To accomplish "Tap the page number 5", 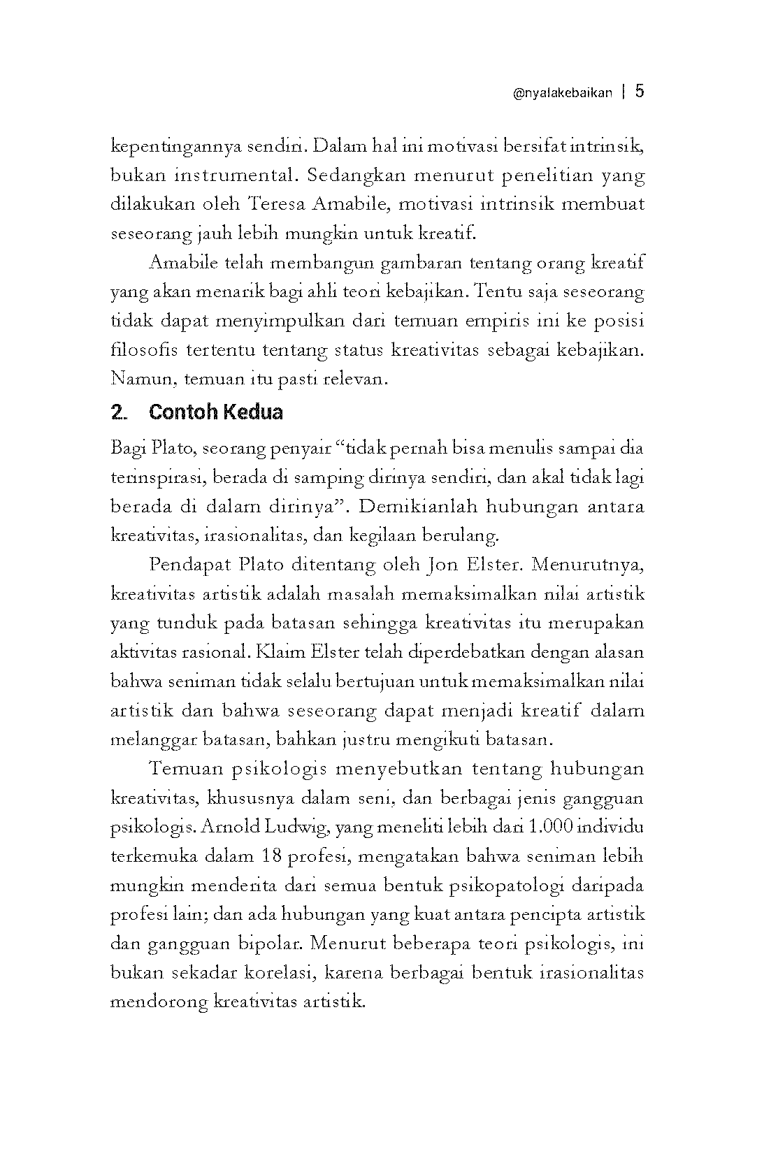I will tap(640, 92).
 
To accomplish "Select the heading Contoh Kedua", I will tap(215, 412).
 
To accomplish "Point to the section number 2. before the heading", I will tap(119, 413).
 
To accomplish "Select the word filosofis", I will tap(139, 350).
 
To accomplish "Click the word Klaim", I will tap(275, 652).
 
